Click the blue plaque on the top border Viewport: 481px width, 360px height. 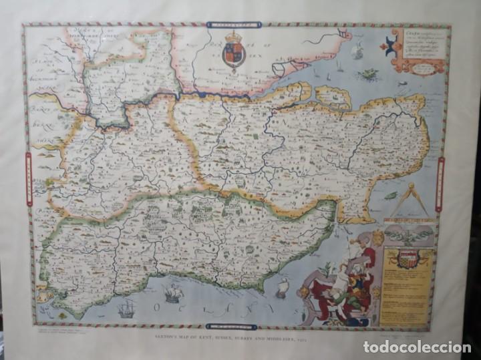233,25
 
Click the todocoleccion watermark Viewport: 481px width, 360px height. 417,346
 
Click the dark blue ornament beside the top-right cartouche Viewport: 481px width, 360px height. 385,45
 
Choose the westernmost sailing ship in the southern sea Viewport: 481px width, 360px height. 126,308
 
